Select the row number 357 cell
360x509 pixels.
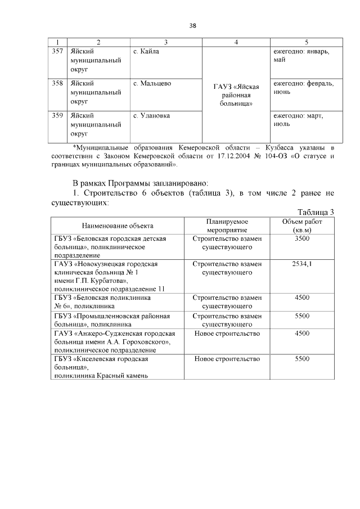pos(57,52)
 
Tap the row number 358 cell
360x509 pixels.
pos(57,84)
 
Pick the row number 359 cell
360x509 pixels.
pos(57,116)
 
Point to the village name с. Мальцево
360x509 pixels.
pos(152,84)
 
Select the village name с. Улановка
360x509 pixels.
pos(151,116)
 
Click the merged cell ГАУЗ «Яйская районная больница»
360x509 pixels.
pos(236,95)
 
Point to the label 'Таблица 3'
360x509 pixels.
pos(316,211)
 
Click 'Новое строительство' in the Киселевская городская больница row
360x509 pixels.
pos(227,359)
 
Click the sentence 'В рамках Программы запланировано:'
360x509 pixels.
pos(140,183)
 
